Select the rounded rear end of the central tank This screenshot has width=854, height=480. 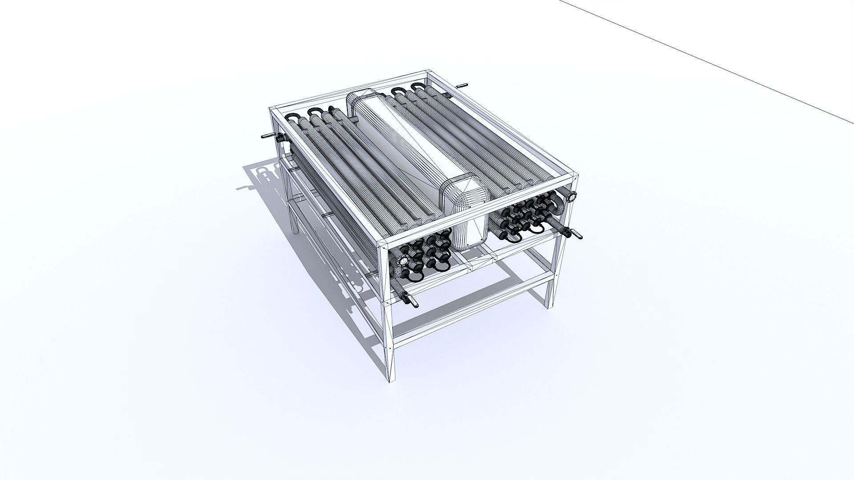[x=361, y=100]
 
